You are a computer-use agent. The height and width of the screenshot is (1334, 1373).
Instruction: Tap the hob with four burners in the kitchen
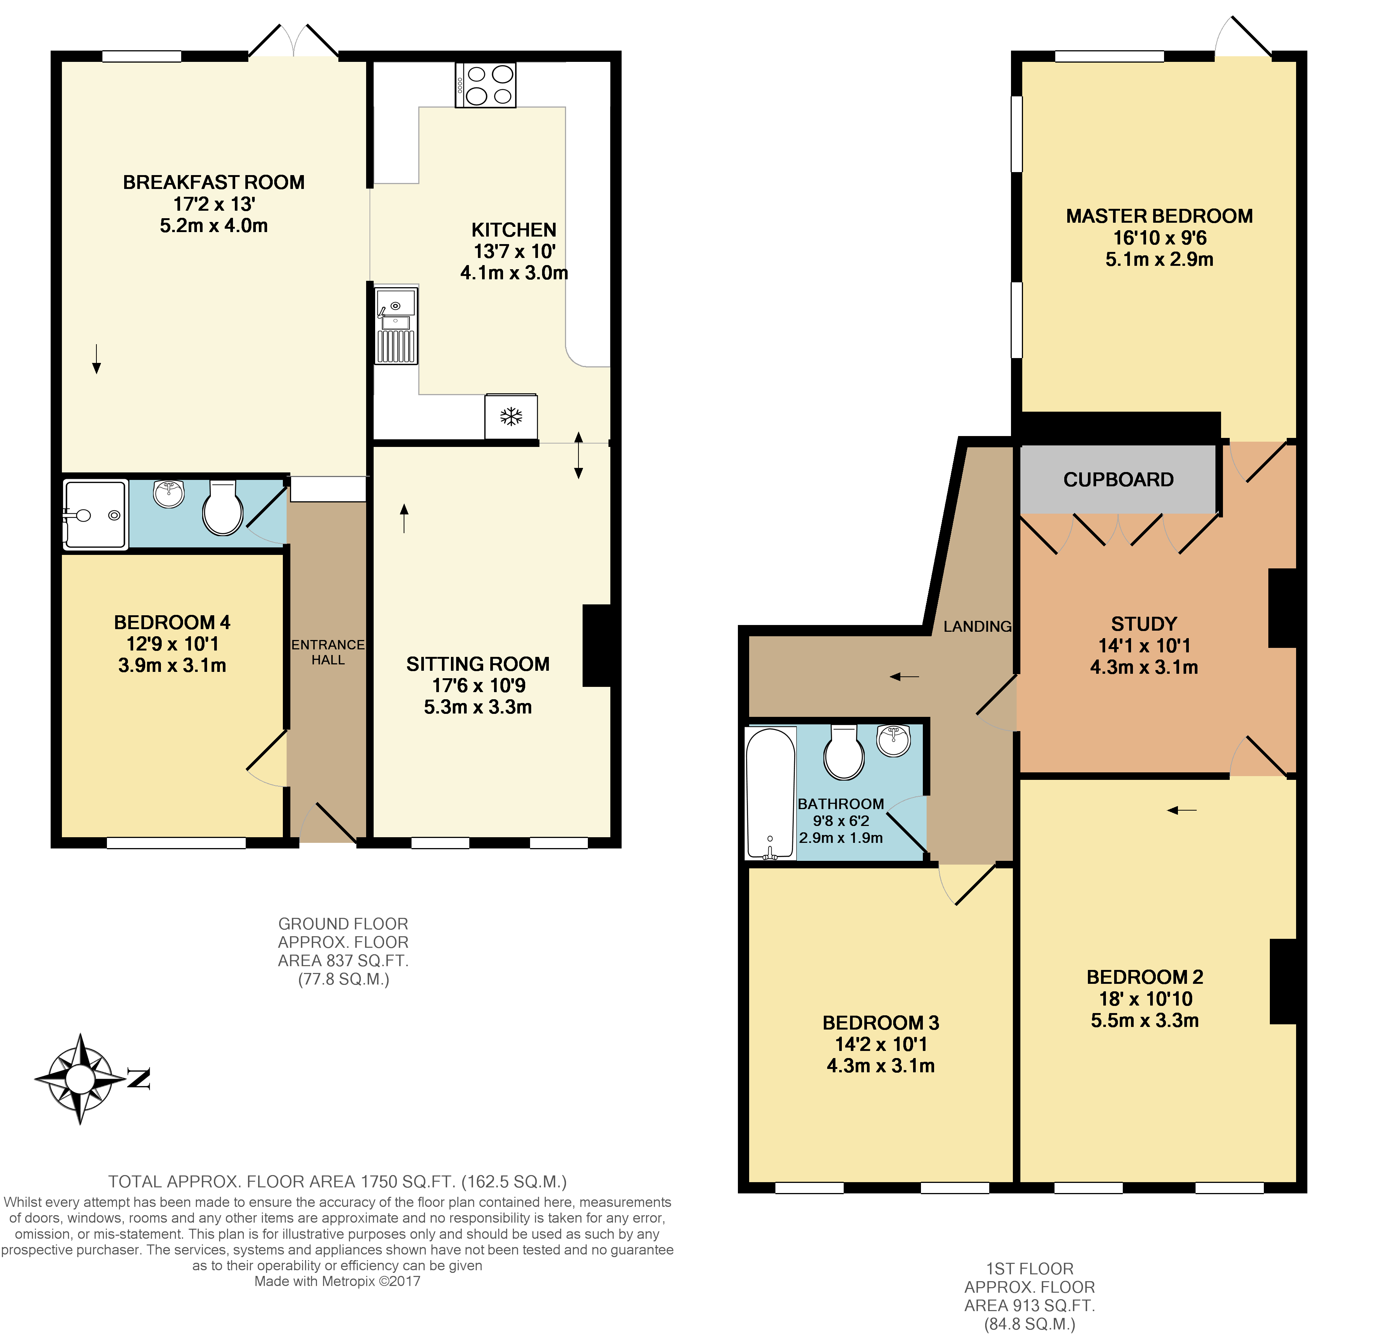point(486,85)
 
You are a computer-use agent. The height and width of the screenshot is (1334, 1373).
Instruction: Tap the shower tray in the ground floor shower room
point(95,515)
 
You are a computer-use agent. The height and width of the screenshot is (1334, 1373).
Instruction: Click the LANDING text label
point(977,627)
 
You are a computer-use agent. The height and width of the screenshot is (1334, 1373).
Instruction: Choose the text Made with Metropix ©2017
point(337,1282)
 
